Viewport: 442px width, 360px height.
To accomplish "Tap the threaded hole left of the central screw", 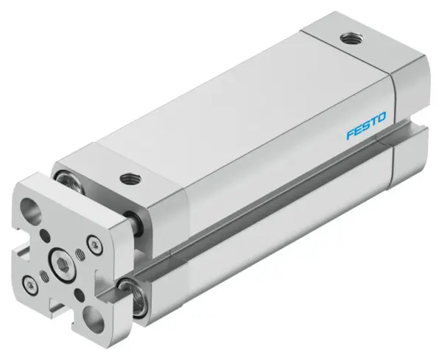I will click(x=43, y=273).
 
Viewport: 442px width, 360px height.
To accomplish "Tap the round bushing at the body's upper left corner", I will click(x=63, y=178).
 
